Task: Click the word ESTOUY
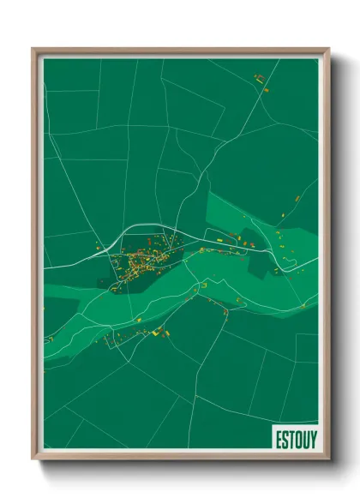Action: point(296,437)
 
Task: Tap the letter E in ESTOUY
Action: point(279,437)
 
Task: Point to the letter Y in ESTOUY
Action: point(313,437)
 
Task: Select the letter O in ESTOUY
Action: point(297,437)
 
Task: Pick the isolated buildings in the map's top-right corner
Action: point(261,81)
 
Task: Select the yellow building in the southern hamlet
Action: point(157,329)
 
